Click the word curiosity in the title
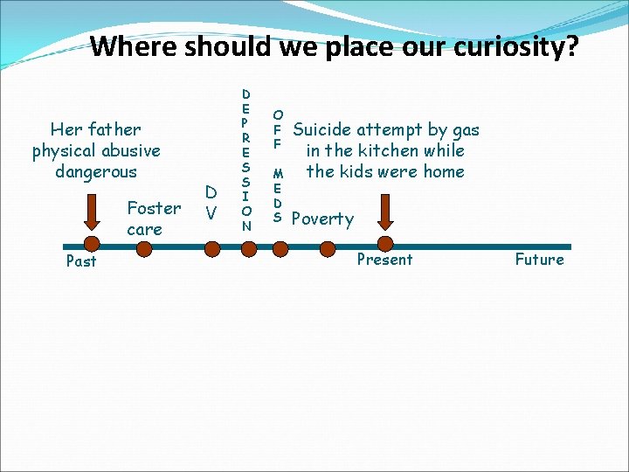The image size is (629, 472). tap(510, 45)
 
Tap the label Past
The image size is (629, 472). tap(81, 261)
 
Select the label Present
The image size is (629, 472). tap(384, 260)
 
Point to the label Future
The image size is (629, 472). tap(539, 260)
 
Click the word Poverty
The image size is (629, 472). tap(322, 219)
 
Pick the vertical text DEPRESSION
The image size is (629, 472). tap(246, 159)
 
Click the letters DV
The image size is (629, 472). tap(211, 202)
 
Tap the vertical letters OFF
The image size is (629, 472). tap(278, 128)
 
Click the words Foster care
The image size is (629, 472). tap(153, 219)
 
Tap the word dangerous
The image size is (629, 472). tap(96, 171)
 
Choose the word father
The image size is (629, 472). tap(114, 130)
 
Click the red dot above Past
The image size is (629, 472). tap(90, 246)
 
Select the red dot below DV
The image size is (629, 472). tap(211, 247)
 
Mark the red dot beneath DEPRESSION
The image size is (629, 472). tap(247, 247)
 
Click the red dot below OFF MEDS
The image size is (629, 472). tap(279, 247)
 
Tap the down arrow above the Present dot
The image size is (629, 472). tap(386, 212)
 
